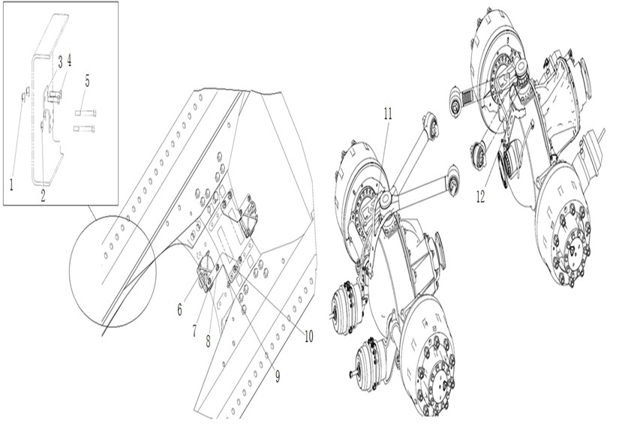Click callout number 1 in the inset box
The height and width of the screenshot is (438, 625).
pyautogui.click(x=11, y=184)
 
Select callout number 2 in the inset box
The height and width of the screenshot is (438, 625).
pyautogui.click(x=43, y=196)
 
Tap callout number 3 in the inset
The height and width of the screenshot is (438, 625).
pyautogui.click(x=60, y=61)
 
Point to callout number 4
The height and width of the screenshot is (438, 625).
pyautogui.click(x=69, y=60)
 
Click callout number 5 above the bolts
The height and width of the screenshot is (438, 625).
pyautogui.click(x=87, y=80)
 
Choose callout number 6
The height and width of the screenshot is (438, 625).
pyautogui.click(x=180, y=309)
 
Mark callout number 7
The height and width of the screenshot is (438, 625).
pyautogui.click(x=194, y=331)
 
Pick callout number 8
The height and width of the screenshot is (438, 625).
pyautogui.click(x=208, y=341)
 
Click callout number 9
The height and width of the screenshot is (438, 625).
pyautogui.click(x=278, y=376)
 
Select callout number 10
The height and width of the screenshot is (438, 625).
pyautogui.click(x=308, y=336)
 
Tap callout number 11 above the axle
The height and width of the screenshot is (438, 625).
pyautogui.click(x=387, y=114)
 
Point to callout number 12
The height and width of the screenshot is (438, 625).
pyautogui.click(x=481, y=196)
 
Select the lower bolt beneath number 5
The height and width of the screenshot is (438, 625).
pyautogui.click(x=84, y=129)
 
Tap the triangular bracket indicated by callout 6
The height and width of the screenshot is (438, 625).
pyautogui.click(x=207, y=271)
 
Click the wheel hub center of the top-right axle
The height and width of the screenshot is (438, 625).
pyautogui.click(x=573, y=249)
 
